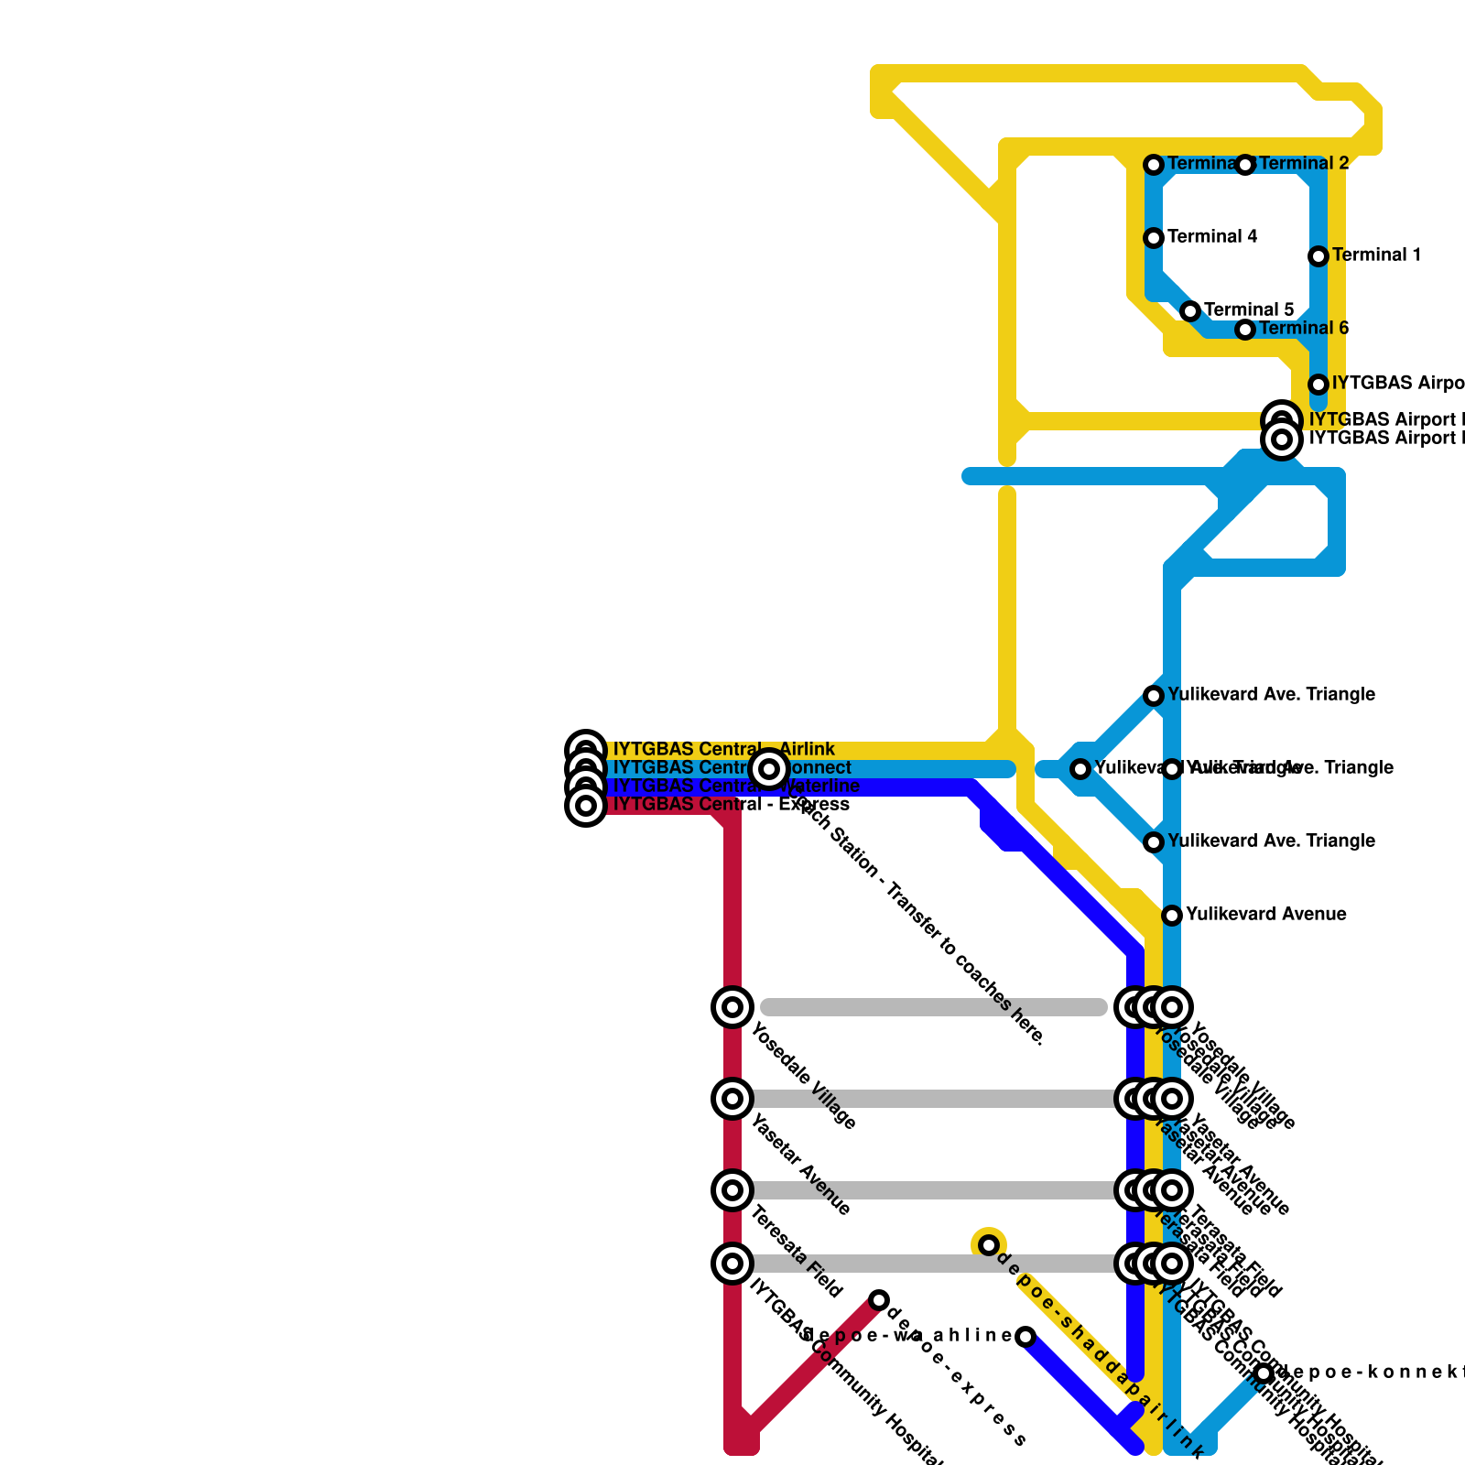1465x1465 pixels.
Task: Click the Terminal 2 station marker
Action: click(x=1245, y=165)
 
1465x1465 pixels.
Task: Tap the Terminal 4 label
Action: click(x=1212, y=237)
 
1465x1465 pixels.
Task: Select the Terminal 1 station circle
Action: click(x=1318, y=256)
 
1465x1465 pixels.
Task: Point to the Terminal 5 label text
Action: click(x=1249, y=310)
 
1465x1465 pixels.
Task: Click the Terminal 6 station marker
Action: click(x=1245, y=330)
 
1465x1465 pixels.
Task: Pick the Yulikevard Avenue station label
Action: click(x=1265, y=915)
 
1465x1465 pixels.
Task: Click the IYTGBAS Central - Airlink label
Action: click(x=723, y=750)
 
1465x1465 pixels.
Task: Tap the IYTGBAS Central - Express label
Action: click(x=731, y=805)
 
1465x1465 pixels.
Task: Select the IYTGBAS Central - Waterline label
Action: click(x=736, y=787)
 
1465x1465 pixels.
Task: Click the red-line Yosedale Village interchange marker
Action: click(x=732, y=1007)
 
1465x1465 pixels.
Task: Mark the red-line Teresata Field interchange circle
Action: click(x=732, y=1190)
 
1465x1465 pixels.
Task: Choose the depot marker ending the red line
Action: click(x=879, y=1300)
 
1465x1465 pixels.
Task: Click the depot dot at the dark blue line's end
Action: click(x=1025, y=1337)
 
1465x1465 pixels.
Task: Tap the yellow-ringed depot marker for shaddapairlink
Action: click(x=989, y=1245)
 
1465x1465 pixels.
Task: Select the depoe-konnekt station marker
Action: click(x=1264, y=1373)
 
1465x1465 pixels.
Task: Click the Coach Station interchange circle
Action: click(x=769, y=769)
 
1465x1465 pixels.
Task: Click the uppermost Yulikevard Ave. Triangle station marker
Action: click(x=1154, y=696)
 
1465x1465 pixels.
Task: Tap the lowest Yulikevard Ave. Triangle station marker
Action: click(x=1154, y=842)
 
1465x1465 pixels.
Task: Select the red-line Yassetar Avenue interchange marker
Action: click(x=732, y=1099)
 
